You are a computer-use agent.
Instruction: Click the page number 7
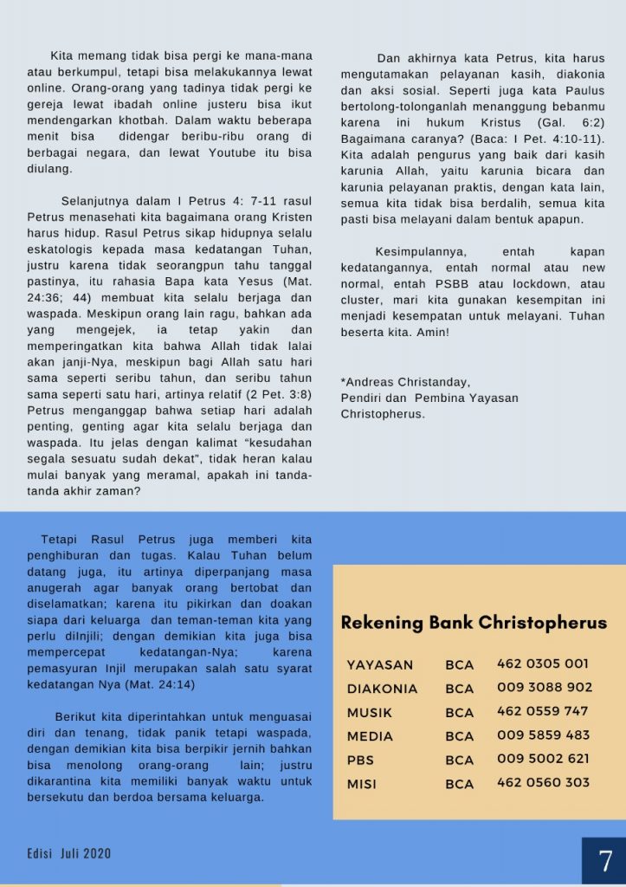[605, 861]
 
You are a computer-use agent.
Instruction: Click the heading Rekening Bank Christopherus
[474, 623]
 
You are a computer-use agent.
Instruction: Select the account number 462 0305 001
[543, 664]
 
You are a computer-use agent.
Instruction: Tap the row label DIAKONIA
[382, 689]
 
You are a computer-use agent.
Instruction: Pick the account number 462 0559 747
[543, 711]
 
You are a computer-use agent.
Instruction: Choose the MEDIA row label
[370, 736]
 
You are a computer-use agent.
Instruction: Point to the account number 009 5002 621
[543, 759]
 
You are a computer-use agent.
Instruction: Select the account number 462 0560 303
[543, 782]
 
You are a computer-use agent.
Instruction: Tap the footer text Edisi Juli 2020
[68, 854]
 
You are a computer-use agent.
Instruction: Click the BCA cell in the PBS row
[460, 760]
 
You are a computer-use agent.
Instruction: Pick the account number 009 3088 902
[545, 688]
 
